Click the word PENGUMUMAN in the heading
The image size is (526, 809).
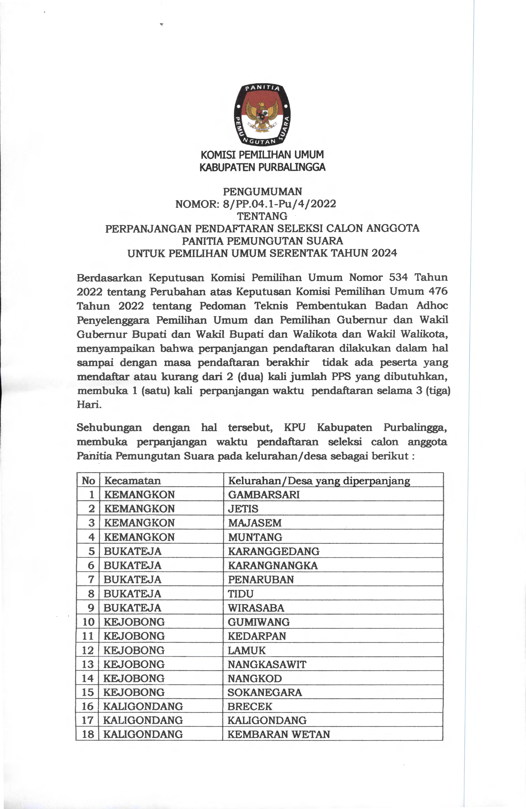pyautogui.click(x=262, y=192)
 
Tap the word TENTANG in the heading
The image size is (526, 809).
pyautogui.click(x=262, y=216)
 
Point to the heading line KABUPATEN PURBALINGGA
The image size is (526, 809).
pyautogui.click(x=262, y=167)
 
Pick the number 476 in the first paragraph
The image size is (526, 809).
pyautogui.click(x=438, y=291)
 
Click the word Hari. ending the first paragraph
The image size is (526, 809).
pyautogui.click(x=89, y=404)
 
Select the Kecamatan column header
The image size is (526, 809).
pyautogui.click(x=133, y=481)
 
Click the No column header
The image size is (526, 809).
pyautogui.click(x=88, y=481)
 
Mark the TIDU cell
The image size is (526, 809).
pyautogui.click(x=241, y=594)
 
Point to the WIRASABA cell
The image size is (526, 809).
pyautogui.click(x=256, y=608)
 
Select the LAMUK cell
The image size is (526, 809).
pyautogui.click(x=246, y=650)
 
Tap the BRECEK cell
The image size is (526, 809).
pyautogui.click(x=250, y=707)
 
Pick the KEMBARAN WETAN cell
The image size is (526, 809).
pyautogui.click(x=279, y=735)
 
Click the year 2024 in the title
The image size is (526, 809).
pyautogui.click(x=384, y=253)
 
